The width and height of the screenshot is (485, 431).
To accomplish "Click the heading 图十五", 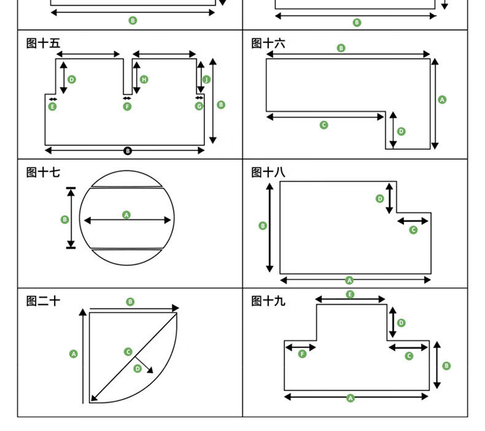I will pyautogui.click(x=44, y=44).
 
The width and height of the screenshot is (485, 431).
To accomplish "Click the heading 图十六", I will pyautogui.click(x=268, y=44).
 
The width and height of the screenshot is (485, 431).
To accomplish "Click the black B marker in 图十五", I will pyautogui.click(x=128, y=150).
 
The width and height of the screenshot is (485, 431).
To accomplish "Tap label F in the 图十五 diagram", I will pyautogui.click(x=127, y=107).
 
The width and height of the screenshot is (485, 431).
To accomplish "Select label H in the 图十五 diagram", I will pyautogui.click(x=144, y=79).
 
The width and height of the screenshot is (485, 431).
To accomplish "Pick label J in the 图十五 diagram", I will pyautogui.click(x=206, y=80).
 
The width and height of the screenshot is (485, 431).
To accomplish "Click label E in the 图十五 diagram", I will pyautogui.click(x=52, y=107).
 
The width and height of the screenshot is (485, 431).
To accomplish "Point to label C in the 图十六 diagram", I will pyautogui.click(x=324, y=125).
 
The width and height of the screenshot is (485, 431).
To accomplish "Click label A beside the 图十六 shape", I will pyautogui.click(x=443, y=99).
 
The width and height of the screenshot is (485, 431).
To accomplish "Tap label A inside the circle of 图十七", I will pyautogui.click(x=126, y=215).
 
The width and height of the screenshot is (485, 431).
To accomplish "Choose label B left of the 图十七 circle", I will pyautogui.click(x=65, y=219).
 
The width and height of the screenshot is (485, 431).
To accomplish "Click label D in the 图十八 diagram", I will pyautogui.click(x=380, y=198).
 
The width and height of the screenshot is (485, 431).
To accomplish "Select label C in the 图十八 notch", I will pyautogui.click(x=413, y=230).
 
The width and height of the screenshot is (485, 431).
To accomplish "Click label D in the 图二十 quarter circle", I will pyautogui.click(x=138, y=368).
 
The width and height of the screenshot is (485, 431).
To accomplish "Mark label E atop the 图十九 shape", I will pyautogui.click(x=350, y=295).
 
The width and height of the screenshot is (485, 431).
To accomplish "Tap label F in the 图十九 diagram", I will pyautogui.click(x=302, y=354).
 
